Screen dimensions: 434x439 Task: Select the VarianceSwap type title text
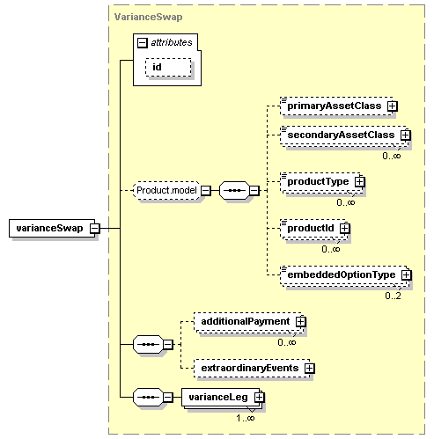(148, 17)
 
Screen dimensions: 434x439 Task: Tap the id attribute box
(168, 67)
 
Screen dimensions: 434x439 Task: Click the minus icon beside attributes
(143, 43)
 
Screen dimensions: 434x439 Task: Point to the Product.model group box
(166, 190)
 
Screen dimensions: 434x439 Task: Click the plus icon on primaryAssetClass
(393, 106)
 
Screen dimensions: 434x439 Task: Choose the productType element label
(318, 181)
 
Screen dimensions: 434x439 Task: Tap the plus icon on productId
(345, 228)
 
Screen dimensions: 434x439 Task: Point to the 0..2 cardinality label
(393, 296)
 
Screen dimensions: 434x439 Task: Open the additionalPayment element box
(248, 321)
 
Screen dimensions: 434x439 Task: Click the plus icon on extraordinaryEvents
(309, 369)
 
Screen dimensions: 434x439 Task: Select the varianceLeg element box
(221, 398)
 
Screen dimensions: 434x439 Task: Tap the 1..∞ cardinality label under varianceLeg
(246, 418)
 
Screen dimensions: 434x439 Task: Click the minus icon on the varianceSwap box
(95, 228)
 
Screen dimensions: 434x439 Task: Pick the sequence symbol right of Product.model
(235, 190)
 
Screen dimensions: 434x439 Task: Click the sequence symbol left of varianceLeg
(148, 398)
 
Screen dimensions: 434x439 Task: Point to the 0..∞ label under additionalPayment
(287, 342)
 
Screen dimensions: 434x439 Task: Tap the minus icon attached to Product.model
(206, 191)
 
